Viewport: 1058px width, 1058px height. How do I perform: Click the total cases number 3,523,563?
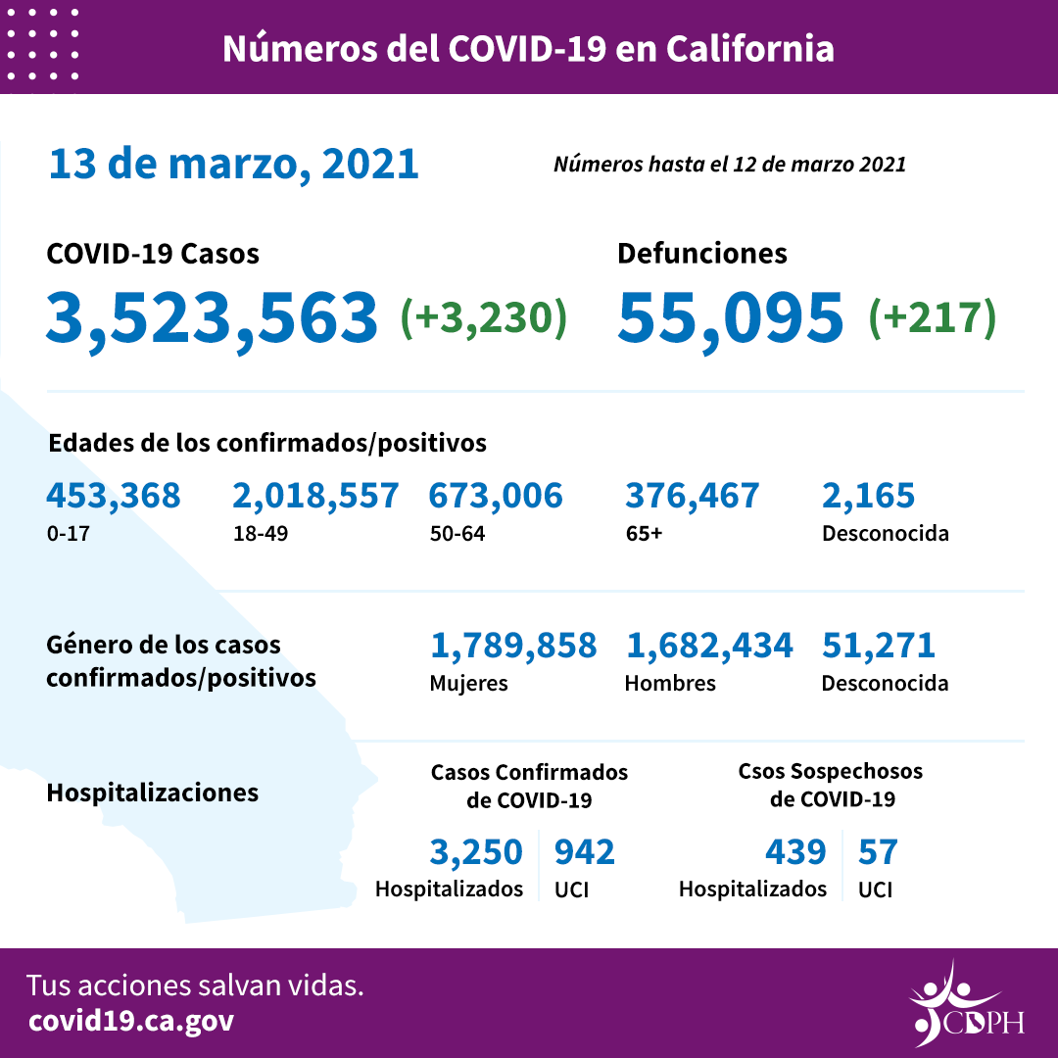click(x=212, y=317)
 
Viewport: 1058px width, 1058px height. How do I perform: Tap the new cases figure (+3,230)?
click(x=484, y=317)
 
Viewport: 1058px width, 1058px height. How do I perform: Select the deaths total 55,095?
click(x=731, y=317)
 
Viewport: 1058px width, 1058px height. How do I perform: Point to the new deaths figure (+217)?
click(x=932, y=317)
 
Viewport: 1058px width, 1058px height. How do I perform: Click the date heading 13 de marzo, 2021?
click(x=233, y=164)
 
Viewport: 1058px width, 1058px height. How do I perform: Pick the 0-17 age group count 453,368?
click(x=113, y=496)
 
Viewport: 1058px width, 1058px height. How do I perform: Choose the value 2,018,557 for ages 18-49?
click(x=315, y=496)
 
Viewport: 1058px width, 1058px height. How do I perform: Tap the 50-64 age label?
click(x=457, y=535)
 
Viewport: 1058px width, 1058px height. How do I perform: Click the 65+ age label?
click(x=643, y=535)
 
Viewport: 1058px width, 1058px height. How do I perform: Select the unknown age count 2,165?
click(x=868, y=496)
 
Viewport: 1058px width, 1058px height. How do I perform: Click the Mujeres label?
click(x=468, y=684)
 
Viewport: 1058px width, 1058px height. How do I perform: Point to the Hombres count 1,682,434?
click(x=708, y=646)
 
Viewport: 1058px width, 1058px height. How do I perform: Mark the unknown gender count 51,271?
click(x=879, y=646)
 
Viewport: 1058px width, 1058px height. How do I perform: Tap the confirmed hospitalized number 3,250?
click(x=476, y=852)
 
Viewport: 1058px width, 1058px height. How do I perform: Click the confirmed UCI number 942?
click(x=585, y=852)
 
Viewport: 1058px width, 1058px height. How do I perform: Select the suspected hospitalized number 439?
click(x=795, y=852)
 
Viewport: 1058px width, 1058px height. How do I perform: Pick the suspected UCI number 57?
click(x=878, y=852)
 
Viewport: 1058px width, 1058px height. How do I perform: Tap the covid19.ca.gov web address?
click(x=131, y=1021)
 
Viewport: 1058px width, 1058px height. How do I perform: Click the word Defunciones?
click(x=701, y=254)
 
